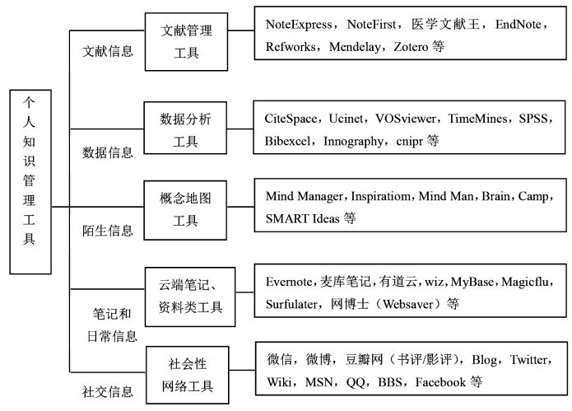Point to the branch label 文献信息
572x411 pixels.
click(x=107, y=51)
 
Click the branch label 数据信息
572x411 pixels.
click(x=107, y=152)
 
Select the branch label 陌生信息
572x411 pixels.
click(x=107, y=231)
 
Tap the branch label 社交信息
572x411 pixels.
click(x=107, y=392)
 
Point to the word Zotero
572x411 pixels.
click(x=411, y=47)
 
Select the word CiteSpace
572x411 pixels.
click(x=291, y=119)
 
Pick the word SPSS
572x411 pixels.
click(x=533, y=119)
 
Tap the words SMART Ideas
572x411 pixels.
click(x=302, y=218)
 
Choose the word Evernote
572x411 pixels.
click(x=289, y=282)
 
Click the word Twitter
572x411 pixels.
click(x=528, y=360)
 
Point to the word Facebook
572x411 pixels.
click(x=440, y=382)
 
